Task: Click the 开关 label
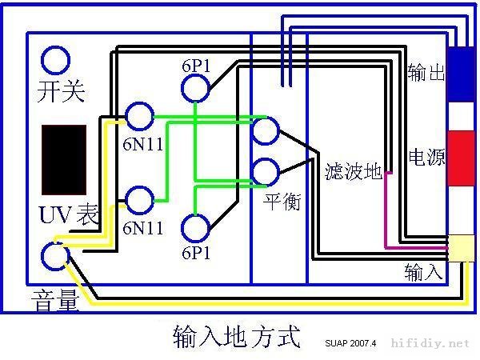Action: tap(61, 91)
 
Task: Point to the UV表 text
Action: tap(67, 214)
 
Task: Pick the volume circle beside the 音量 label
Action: tap(55, 256)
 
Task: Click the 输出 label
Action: tap(426, 73)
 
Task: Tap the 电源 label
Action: tap(426, 156)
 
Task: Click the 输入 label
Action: tap(423, 273)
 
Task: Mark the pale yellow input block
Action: tap(462, 248)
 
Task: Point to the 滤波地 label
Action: tap(353, 171)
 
